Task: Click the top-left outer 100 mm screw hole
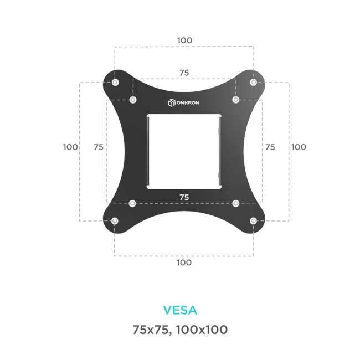tap(115, 83)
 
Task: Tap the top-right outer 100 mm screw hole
tap(253, 83)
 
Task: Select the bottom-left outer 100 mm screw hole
tap(115, 221)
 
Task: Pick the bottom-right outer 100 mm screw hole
tap(253, 221)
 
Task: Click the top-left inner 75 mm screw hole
tap(133, 100)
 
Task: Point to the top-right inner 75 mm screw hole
tap(235, 100)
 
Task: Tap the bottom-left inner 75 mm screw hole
tap(132, 203)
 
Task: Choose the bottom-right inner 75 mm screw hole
tap(235, 203)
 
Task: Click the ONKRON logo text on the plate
tap(189, 102)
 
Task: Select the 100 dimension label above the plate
tap(184, 40)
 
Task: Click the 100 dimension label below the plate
tap(184, 263)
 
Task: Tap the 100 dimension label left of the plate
tap(70, 147)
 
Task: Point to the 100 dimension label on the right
tap(299, 147)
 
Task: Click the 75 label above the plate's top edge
tap(184, 73)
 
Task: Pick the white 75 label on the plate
tap(184, 197)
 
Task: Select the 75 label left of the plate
tap(99, 147)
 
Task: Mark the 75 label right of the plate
tap(270, 147)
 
